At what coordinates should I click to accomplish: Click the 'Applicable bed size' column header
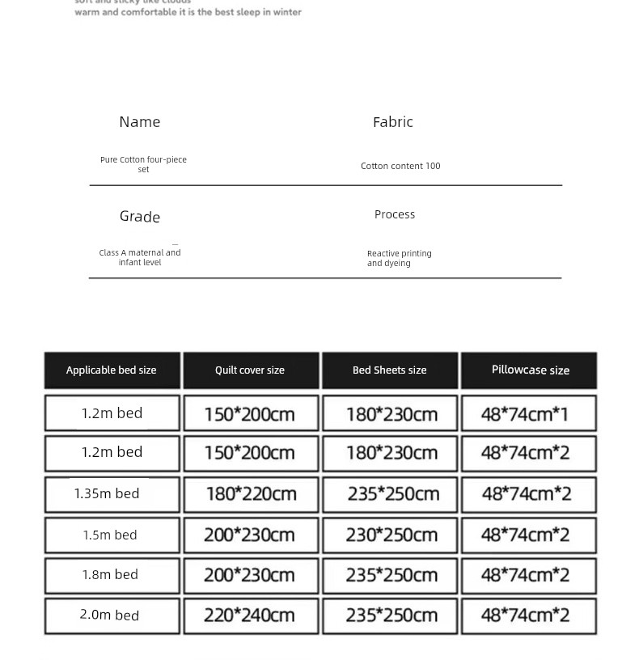pos(112,370)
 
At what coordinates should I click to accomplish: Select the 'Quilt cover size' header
pos(250,370)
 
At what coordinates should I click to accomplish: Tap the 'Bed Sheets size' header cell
pos(389,370)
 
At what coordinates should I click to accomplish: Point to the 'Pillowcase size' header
pos(530,370)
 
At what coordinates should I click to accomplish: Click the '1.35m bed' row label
pos(107,493)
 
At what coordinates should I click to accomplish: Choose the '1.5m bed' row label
pos(110,535)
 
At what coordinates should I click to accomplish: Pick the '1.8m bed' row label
pos(110,574)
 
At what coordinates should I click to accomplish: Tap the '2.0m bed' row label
pos(109,615)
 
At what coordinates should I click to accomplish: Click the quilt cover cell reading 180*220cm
pos(251,493)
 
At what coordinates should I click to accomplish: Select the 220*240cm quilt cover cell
pos(249,616)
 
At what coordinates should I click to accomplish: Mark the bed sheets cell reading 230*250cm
pos(391,535)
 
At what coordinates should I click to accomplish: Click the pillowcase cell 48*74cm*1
pos(525,414)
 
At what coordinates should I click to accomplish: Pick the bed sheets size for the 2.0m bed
pos(391,616)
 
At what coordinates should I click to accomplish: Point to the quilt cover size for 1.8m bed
pos(249,575)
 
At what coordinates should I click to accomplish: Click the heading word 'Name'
pos(139,122)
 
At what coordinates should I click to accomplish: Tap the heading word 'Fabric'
pos(392,122)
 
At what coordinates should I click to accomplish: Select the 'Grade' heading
pos(140,217)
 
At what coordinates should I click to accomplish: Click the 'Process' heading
pos(395,214)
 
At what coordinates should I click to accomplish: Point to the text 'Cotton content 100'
pos(400,166)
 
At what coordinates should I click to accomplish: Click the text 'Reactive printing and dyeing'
pos(399,258)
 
